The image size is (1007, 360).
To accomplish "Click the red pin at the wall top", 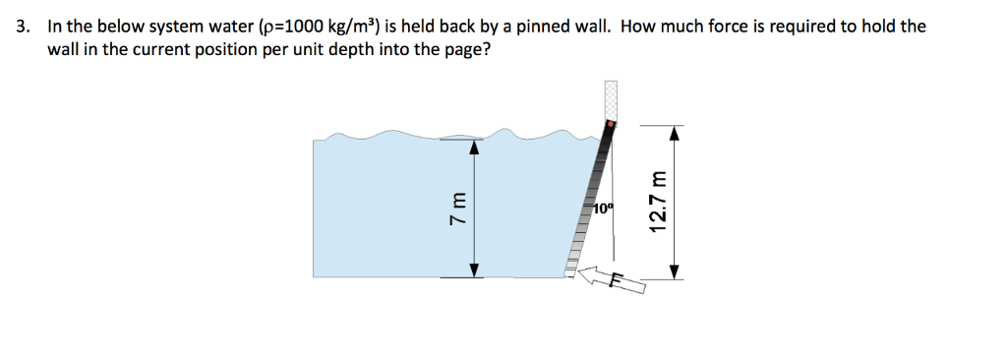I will tap(611, 125).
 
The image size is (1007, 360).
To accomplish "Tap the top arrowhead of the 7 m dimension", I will tap(474, 147).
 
